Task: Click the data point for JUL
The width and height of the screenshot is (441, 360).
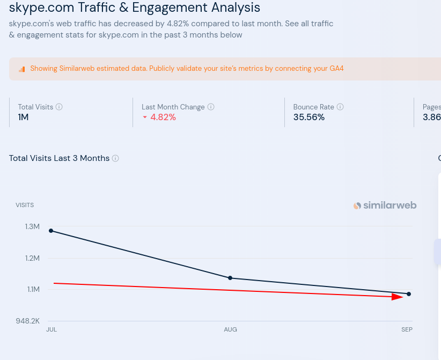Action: pos(51,231)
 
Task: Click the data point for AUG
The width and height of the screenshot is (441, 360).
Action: pos(230,278)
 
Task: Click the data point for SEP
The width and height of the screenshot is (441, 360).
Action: pos(409,294)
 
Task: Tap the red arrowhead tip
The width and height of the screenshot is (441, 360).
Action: pos(403,297)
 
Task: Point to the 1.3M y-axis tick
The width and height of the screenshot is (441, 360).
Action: pos(32,226)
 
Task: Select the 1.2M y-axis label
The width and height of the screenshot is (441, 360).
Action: pos(32,258)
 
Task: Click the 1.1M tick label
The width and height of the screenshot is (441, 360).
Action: pos(33,289)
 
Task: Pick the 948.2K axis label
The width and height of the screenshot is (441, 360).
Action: pos(28,321)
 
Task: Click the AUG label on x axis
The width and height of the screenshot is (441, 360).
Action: pos(230,329)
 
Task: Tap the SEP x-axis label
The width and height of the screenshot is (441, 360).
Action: pos(407,329)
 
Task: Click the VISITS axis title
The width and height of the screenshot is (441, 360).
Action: pos(25,205)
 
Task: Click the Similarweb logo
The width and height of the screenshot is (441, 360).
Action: pos(385,205)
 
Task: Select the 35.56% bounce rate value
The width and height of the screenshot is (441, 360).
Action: pos(308,117)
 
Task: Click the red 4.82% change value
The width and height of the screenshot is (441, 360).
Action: pos(163,117)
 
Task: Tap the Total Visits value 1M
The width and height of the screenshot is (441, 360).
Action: pos(23,117)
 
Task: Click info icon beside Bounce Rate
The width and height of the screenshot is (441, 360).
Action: pos(340,107)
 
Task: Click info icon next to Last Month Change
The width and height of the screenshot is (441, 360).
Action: pos(211,107)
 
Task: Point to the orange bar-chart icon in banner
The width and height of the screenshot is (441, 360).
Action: pos(22,69)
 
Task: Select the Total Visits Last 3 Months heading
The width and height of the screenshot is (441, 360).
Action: pos(59,158)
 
